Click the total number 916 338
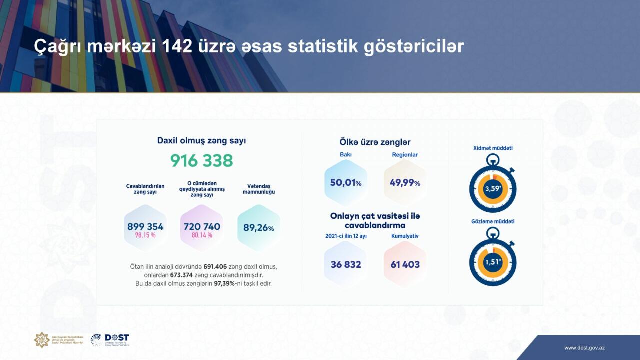pos(201,161)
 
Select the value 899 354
pos(145,226)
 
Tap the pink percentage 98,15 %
pos(145,235)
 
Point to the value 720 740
pos(202,226)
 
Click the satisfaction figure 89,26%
pos(258,228)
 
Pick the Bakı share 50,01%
pos(345,183)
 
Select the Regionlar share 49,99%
pos(405,183)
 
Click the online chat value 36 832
pos(345,264)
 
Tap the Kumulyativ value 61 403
pos(404,264)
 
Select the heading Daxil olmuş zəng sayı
pos(201,141)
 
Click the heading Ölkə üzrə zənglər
pos(375,142)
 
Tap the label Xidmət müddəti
pos(493,148)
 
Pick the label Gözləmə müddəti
pos(493,221)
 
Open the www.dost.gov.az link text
pos(584,348)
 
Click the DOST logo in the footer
pos(110,340)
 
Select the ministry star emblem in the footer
pos(42,340)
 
